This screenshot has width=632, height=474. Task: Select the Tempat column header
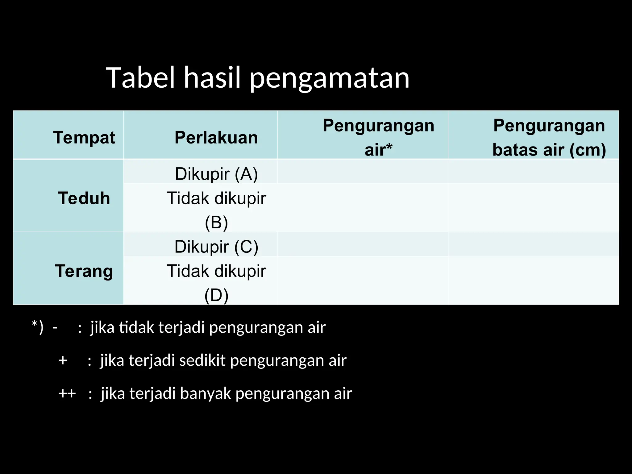pyautogui.click(x=84, y=137)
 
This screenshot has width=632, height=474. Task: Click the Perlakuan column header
pyautogui.click(x=216, y=137)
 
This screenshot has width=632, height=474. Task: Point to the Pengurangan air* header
pyautogui.click(x=378, y=137)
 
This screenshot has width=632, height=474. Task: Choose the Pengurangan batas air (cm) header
pyautogui.click(x=549, y=137)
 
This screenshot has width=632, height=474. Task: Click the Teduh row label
pyautogui.click(x=84, y=198)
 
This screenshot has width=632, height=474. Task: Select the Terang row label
pyautogui.click(x=84, y=271)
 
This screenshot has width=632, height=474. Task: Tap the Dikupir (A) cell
pyautogui.click(x=216, y=174)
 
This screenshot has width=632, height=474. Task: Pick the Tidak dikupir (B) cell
pyautogui.click(x=216, y=210)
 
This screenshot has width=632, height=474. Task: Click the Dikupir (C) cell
pyautogui.click(x=216, y=247)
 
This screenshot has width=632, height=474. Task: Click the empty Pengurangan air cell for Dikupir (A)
pyautogui.click(x=363, y=172)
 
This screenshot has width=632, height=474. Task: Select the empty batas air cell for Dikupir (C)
pyautogui.click(x=534, y=244)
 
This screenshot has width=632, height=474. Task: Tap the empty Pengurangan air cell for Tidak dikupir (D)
pyautogui.click(x=363, y=280)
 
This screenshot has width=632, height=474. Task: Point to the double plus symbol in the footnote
pyautogui.click(x=67, y=393)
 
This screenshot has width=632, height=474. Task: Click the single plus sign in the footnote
pyautogui.click(x=63, y=360)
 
